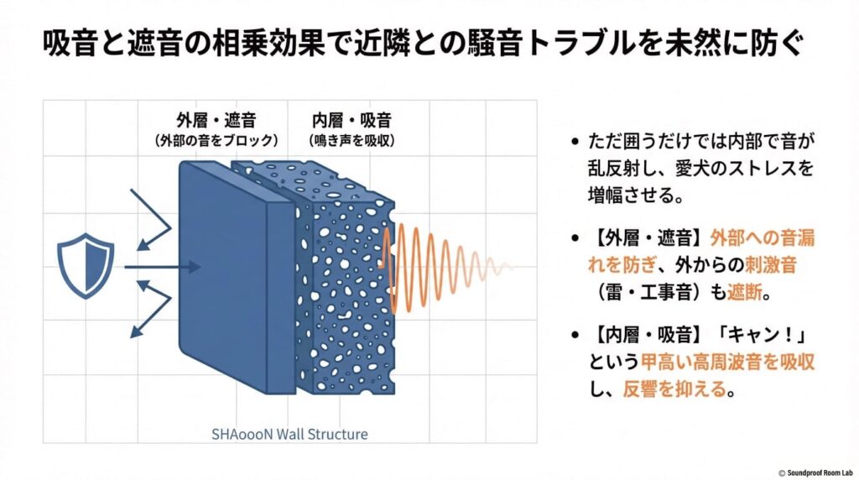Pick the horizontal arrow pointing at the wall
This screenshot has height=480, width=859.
pos(164,267)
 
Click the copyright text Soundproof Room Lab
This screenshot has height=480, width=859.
pos(814,472)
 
